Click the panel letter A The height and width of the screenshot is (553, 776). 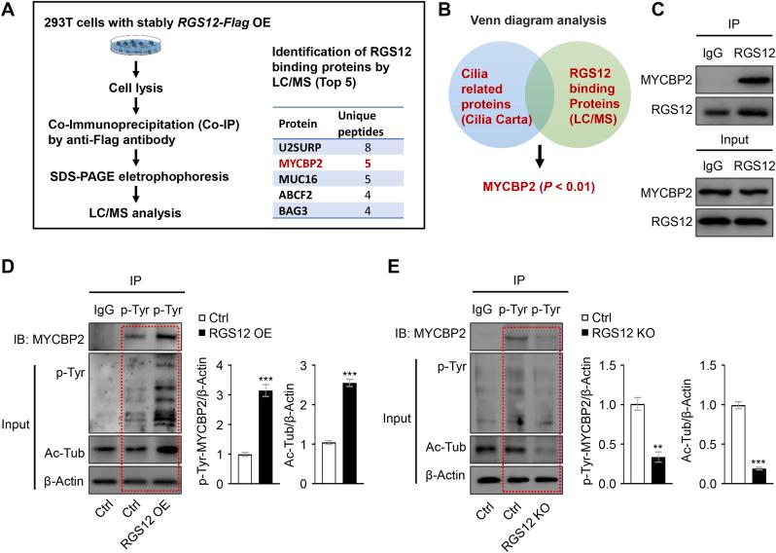(13, 12)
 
